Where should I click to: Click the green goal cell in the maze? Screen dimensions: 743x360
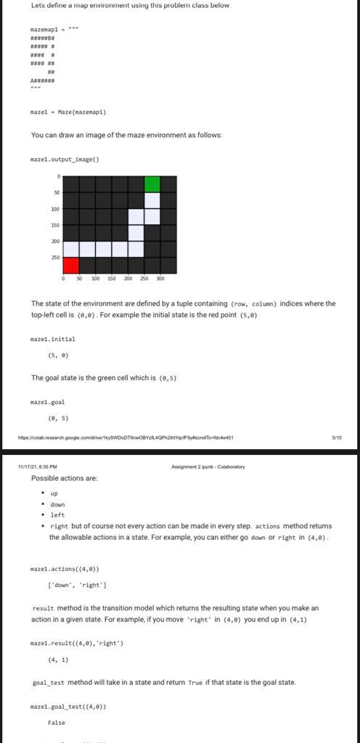pyautogui.click(x=152, y=184)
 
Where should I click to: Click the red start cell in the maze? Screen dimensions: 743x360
pyautogui.click(x=71, y=265)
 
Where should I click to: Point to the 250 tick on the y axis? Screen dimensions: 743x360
pyautogui.click(x=55, y=257)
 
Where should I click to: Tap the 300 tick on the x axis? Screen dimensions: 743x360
pyautogui.click(x=160, y=279)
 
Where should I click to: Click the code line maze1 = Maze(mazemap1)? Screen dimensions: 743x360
pyautogui.click(x=68, y=112)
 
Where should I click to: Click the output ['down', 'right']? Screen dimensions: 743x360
pyautogui.click(x=77, y=584)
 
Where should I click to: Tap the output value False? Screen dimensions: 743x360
pyautogui.click(x=57, y=722)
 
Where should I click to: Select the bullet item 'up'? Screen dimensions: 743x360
pyautogui.click(x=54, y=493)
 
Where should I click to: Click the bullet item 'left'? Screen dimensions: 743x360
pyautogui.click(x=57, y=514)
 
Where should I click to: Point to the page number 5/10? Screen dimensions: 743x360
pyautogui.click(x=336, y=438)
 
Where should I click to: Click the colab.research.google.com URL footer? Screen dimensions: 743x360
pyautogui.click(x=126, y=438)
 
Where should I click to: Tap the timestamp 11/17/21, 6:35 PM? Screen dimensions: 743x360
pyautogui.click(x=38, y=467)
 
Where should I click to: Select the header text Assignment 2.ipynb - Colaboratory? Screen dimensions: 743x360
pyautogui.click(x=208, y=467)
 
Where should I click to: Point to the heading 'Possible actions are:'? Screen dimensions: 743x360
pyautogui.click(x=64, y=478)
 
